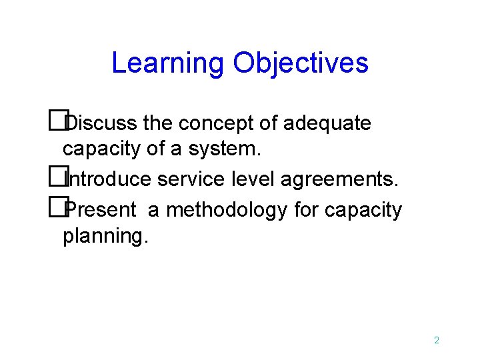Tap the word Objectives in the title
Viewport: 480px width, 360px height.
(301, 63)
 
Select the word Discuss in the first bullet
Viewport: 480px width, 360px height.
(102, 123)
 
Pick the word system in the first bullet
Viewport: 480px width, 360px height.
(224, 149)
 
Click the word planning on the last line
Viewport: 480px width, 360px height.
(103, 237)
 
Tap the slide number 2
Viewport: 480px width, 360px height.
(436, 341)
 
